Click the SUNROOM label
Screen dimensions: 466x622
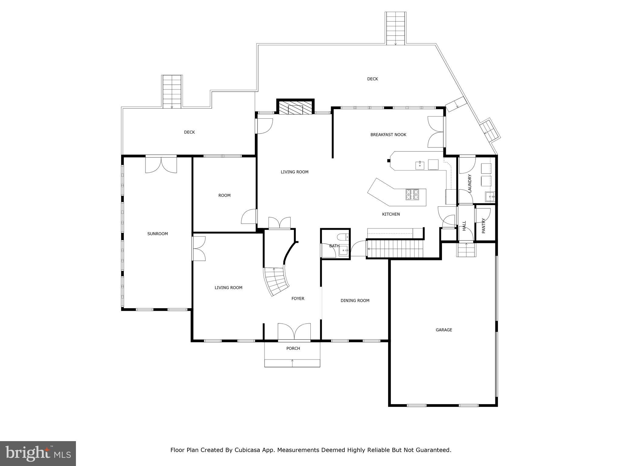coord(157,234)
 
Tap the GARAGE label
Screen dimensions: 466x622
coord(444,330)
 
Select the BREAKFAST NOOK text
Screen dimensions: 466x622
coord(388,135)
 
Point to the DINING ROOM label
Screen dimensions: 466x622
coord(355,301)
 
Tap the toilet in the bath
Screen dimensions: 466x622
coord(343,237)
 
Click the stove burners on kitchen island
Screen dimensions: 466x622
coord(412,194)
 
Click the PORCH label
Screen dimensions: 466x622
coord(293,348)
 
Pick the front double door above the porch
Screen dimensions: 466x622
coord(294,332)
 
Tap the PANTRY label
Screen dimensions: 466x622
coord(484,226)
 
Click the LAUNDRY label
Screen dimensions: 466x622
coord(470,183)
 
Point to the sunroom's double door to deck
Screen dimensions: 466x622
coord(161,165)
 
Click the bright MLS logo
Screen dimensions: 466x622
coord(38,453)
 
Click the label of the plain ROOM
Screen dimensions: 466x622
coord(224,195)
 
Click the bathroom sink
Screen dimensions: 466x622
coord(344,251)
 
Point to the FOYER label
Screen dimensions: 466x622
coord(298,299)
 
